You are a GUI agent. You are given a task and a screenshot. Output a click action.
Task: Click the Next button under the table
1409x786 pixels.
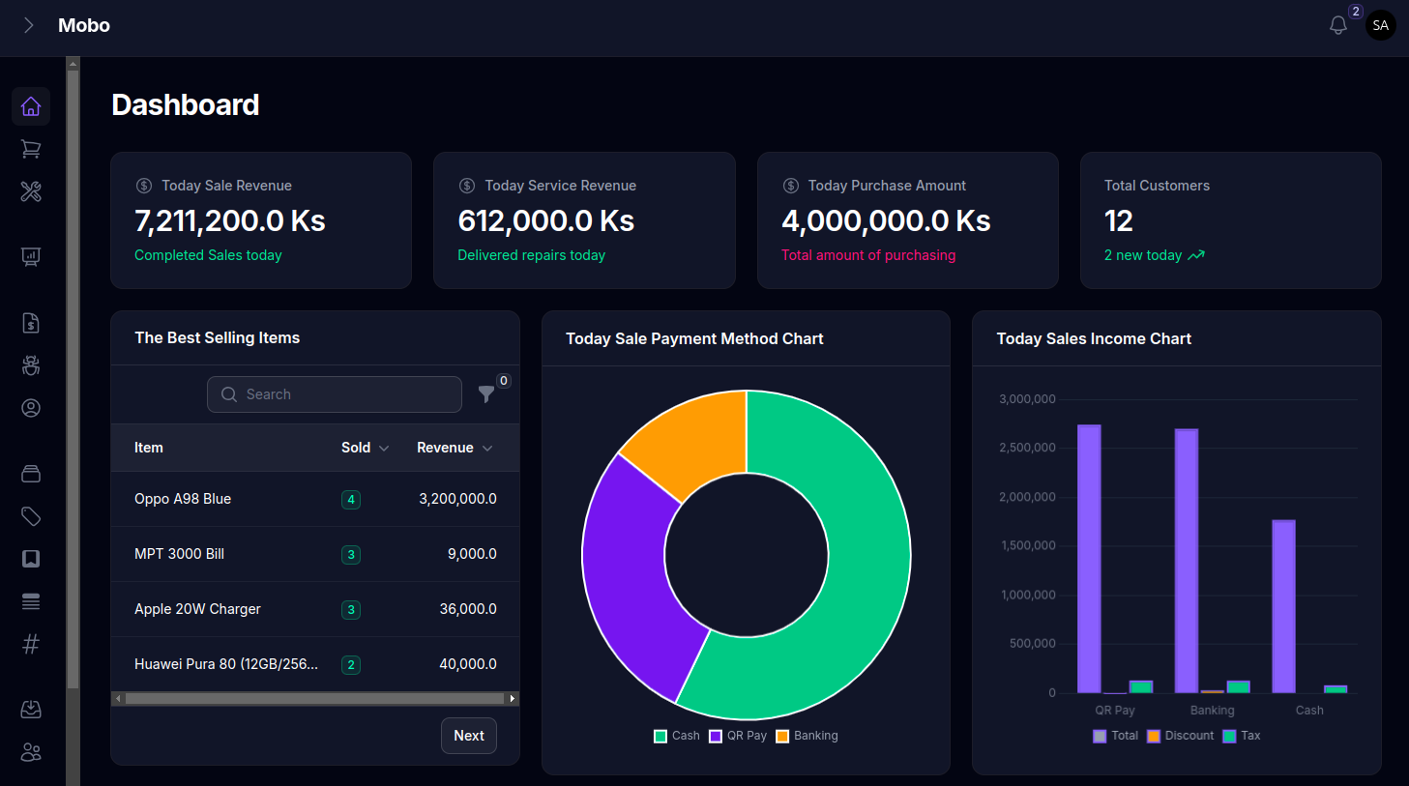(469, 736)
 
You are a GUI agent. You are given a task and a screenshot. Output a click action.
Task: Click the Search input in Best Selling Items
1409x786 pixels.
(335, 394)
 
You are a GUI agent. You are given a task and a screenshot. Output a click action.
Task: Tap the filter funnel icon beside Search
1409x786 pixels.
(486, 393)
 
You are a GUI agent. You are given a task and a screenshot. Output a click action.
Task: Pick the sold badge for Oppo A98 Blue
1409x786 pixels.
(351, 500)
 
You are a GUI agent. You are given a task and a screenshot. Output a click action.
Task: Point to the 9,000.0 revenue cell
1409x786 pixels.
(472, 554)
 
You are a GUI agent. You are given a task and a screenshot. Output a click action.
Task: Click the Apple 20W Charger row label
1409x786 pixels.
(197, 609)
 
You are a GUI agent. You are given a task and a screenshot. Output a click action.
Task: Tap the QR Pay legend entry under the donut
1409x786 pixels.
(738, 736)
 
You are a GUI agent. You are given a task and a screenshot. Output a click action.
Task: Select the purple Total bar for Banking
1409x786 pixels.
(1187, 561)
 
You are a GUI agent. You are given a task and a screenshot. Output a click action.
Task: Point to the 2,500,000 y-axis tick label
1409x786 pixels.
(1027, 448)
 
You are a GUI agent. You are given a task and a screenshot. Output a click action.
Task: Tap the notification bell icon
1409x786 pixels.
(1338, 26)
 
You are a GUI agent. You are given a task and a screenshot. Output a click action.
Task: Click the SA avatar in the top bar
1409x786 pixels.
(1381, 26)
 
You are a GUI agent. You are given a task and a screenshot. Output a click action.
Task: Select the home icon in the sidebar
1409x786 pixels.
(31, 106)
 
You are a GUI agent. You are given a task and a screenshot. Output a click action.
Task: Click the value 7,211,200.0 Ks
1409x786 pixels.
(230, 221)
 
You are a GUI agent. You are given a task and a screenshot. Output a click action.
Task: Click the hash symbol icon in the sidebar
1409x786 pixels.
(31, 644)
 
